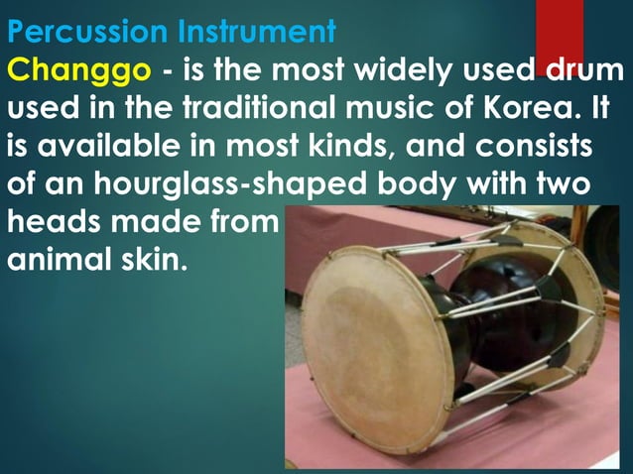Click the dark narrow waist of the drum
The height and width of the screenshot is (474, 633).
[x=486, y=317]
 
